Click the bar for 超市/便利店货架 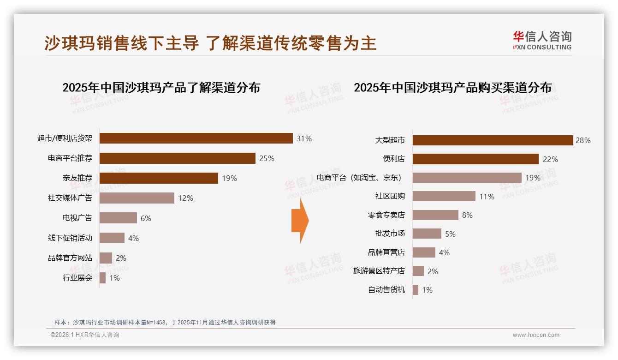click(x=196, y=138)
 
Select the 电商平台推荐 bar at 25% click(x=178, y=158)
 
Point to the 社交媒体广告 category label click(x=70, y=198)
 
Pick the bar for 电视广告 click(x=119, y=218)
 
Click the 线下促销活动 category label click(x=70, y=238)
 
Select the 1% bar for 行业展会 click(x=102, y=278)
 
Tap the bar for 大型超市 click(x=493, y=140)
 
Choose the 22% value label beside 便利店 click(x=550, y=159)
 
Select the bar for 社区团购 click(x=444, y=196)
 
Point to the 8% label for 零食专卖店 click(x=467, y=216)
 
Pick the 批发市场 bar click(x=427, y=234)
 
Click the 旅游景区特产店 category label click(x=379, y=271)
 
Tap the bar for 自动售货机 click(x=416, y=290)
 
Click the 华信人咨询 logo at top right click(x=542, y=40)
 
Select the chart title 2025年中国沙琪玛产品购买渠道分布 click(x=452, y=88)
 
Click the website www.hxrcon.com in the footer click(x=536, y=335)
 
